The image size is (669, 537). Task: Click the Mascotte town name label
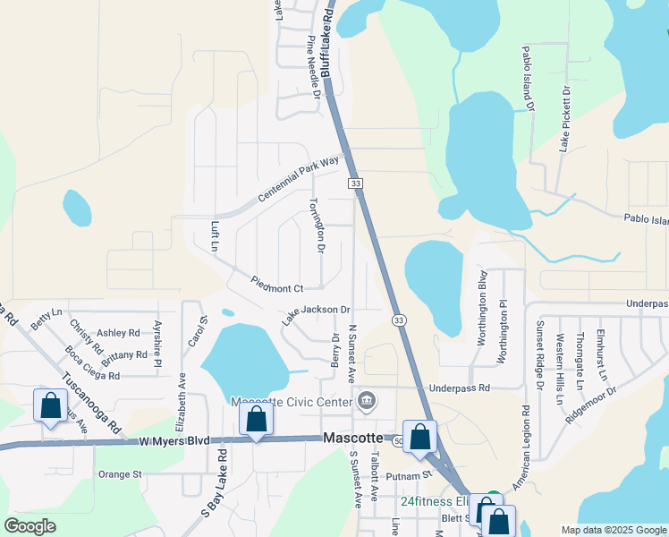[x=352, y=439]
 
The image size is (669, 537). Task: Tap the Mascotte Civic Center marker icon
[x=366, y=401]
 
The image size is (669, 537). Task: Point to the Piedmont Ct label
[x=278, y=288]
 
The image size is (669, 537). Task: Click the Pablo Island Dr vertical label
[x=528, y=81]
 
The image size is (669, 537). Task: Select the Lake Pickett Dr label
[x=564, y=119]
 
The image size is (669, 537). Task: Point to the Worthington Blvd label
[x=482, y=304]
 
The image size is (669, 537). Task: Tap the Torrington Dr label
[x=316, y=225]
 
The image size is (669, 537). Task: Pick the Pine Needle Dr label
[x=314, y=64]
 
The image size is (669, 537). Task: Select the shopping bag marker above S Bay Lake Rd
[x=256, y=419]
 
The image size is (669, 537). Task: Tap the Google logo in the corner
[x=31, y=526]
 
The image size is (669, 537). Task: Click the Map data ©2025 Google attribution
[x=613, y=530]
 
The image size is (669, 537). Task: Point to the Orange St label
[x=120, y=474]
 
